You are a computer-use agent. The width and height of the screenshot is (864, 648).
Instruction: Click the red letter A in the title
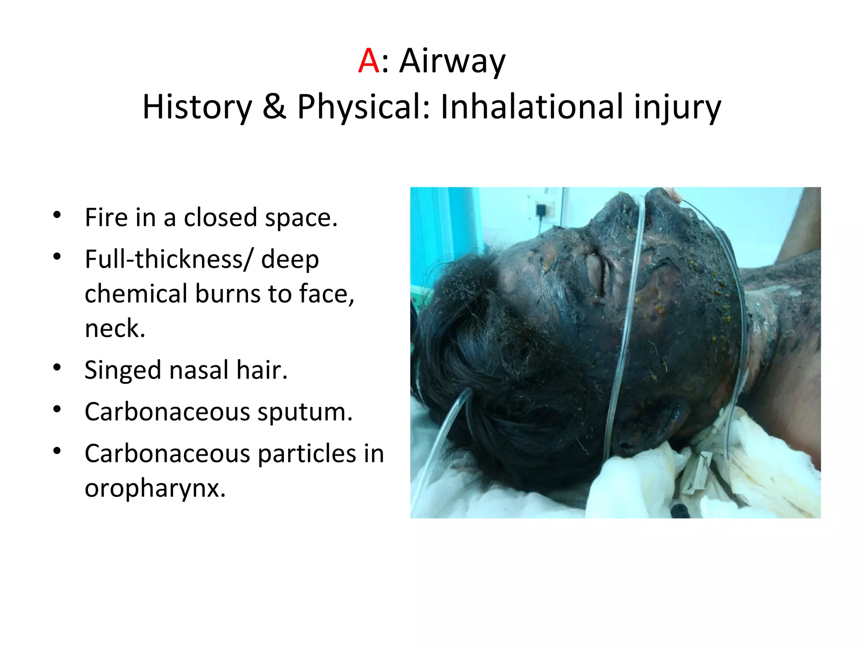point(368,61)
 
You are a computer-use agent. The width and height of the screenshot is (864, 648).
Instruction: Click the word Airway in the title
point(452,62)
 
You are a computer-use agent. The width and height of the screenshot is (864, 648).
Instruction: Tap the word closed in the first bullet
point(221,218)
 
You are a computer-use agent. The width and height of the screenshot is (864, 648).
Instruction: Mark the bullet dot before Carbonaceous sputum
point(57,409)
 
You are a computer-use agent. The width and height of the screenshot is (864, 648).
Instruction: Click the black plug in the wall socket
point(541,210)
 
